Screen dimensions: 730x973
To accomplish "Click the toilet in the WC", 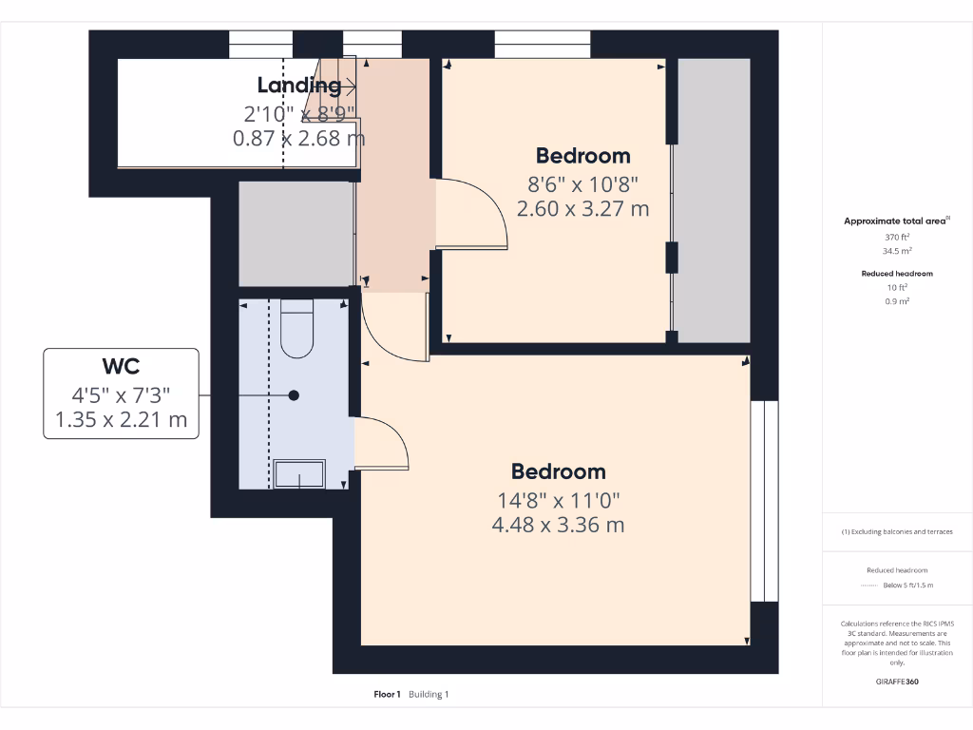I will [x=297, y=330].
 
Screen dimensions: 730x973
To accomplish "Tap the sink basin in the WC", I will [x=299, y=474].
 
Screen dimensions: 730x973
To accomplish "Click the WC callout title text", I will [x=121, y=367].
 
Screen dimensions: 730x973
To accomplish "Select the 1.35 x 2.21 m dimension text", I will [x=121, y=419].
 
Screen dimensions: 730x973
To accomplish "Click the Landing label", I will [x=299, y=86].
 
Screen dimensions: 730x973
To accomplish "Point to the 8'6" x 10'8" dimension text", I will [x=582, y=183].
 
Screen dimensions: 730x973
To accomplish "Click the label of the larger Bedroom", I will [x=558, y=471].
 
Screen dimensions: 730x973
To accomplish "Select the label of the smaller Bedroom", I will [x=582, y=156].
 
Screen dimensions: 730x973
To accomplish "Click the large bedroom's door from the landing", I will [x=394, y=328].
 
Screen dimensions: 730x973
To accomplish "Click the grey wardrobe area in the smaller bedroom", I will [x=713, y=200].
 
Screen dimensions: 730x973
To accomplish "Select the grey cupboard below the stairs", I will [x=296, y=233].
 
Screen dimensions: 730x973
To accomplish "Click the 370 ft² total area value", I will [x=892, y=237].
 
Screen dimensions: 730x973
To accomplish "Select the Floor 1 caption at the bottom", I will [x=387, y=695].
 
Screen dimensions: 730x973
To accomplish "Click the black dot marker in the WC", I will [x=294, y=395].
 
